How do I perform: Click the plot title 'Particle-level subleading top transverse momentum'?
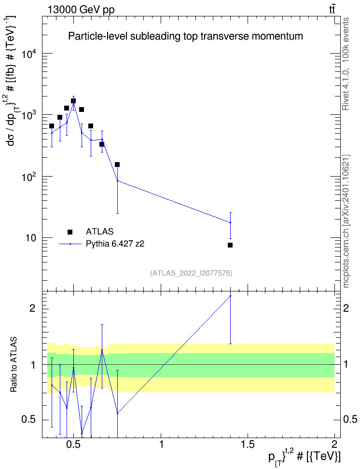(185, 36)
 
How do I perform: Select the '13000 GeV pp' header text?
(81, 10)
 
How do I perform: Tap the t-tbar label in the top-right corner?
(332, 9)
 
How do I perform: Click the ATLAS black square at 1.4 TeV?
(230, 245)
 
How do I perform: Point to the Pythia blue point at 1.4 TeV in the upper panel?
(230, 222)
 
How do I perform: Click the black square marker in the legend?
(70, 232)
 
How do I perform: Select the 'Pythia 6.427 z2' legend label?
(115, 244)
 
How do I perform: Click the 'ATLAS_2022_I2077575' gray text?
(191, 273)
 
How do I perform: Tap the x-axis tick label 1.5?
(248, 444)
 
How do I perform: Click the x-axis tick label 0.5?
(74, 444)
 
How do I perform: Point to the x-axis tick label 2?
(334, 444)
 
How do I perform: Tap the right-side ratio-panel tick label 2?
(346, 308)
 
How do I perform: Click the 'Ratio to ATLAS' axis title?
(14, 364)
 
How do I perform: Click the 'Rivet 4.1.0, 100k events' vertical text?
(346, 64)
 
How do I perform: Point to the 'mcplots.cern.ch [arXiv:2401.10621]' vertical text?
(346, 221)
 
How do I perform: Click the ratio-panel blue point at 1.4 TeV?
(230, 296)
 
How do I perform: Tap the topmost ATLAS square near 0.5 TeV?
(73, 101)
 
